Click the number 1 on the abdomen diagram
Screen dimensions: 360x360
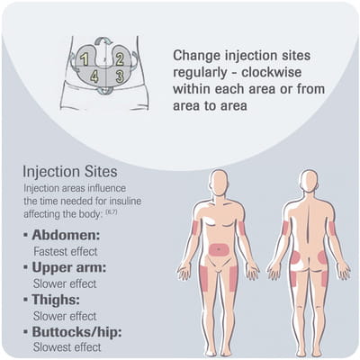coord(85,59)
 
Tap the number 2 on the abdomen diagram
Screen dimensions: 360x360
coord(120,59)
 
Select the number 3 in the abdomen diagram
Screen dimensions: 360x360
coord(120,76)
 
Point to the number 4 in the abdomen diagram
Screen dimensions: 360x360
coord(94,76)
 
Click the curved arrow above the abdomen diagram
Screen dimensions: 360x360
coord(103,40)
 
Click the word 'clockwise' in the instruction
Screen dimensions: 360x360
coord(272,72)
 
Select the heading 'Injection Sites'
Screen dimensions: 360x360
coord(70,172)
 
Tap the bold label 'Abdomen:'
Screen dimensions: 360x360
coord(66,235)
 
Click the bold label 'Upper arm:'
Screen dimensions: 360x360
coord(69,267)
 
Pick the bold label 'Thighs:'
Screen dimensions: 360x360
coord(56,300)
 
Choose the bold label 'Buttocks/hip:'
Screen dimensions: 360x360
coord(76,332)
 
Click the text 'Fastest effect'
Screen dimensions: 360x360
coord(66,251)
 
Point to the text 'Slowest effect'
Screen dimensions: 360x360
coord(67,347)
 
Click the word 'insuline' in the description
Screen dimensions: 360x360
coord(124,201)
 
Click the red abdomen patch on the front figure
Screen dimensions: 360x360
coord(220,249)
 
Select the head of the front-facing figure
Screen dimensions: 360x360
coord(219,183)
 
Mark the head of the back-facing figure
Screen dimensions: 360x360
coord(309,183)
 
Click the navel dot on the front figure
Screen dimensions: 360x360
coord(220,249)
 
